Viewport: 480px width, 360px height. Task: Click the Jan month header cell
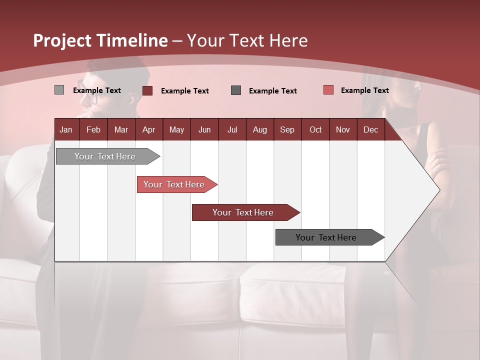[x=66, y=129]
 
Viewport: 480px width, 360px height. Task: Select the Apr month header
[x=148, y=129]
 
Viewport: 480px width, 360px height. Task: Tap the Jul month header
[x=232, y=129]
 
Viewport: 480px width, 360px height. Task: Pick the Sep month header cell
[x=287, y=129]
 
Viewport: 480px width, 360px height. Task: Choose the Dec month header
[x=370, y=129]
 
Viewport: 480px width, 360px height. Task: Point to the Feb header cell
[x=93, y=129]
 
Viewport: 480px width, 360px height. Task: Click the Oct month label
[x=315, y=129]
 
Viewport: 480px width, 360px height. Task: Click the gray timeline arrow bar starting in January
[x=105, y=156]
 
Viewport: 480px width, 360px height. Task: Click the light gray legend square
[x=59, y=90]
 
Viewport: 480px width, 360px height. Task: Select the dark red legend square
[x=147, y=90]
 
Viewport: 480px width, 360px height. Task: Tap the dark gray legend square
[x=236, y=90]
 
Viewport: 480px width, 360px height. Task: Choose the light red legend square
[x=328, y=90]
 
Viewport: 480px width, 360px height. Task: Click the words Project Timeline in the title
[x=100, y=40]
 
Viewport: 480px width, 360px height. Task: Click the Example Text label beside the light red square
[x=364, y=90]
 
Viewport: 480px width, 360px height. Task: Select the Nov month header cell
[x=342, y=129]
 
